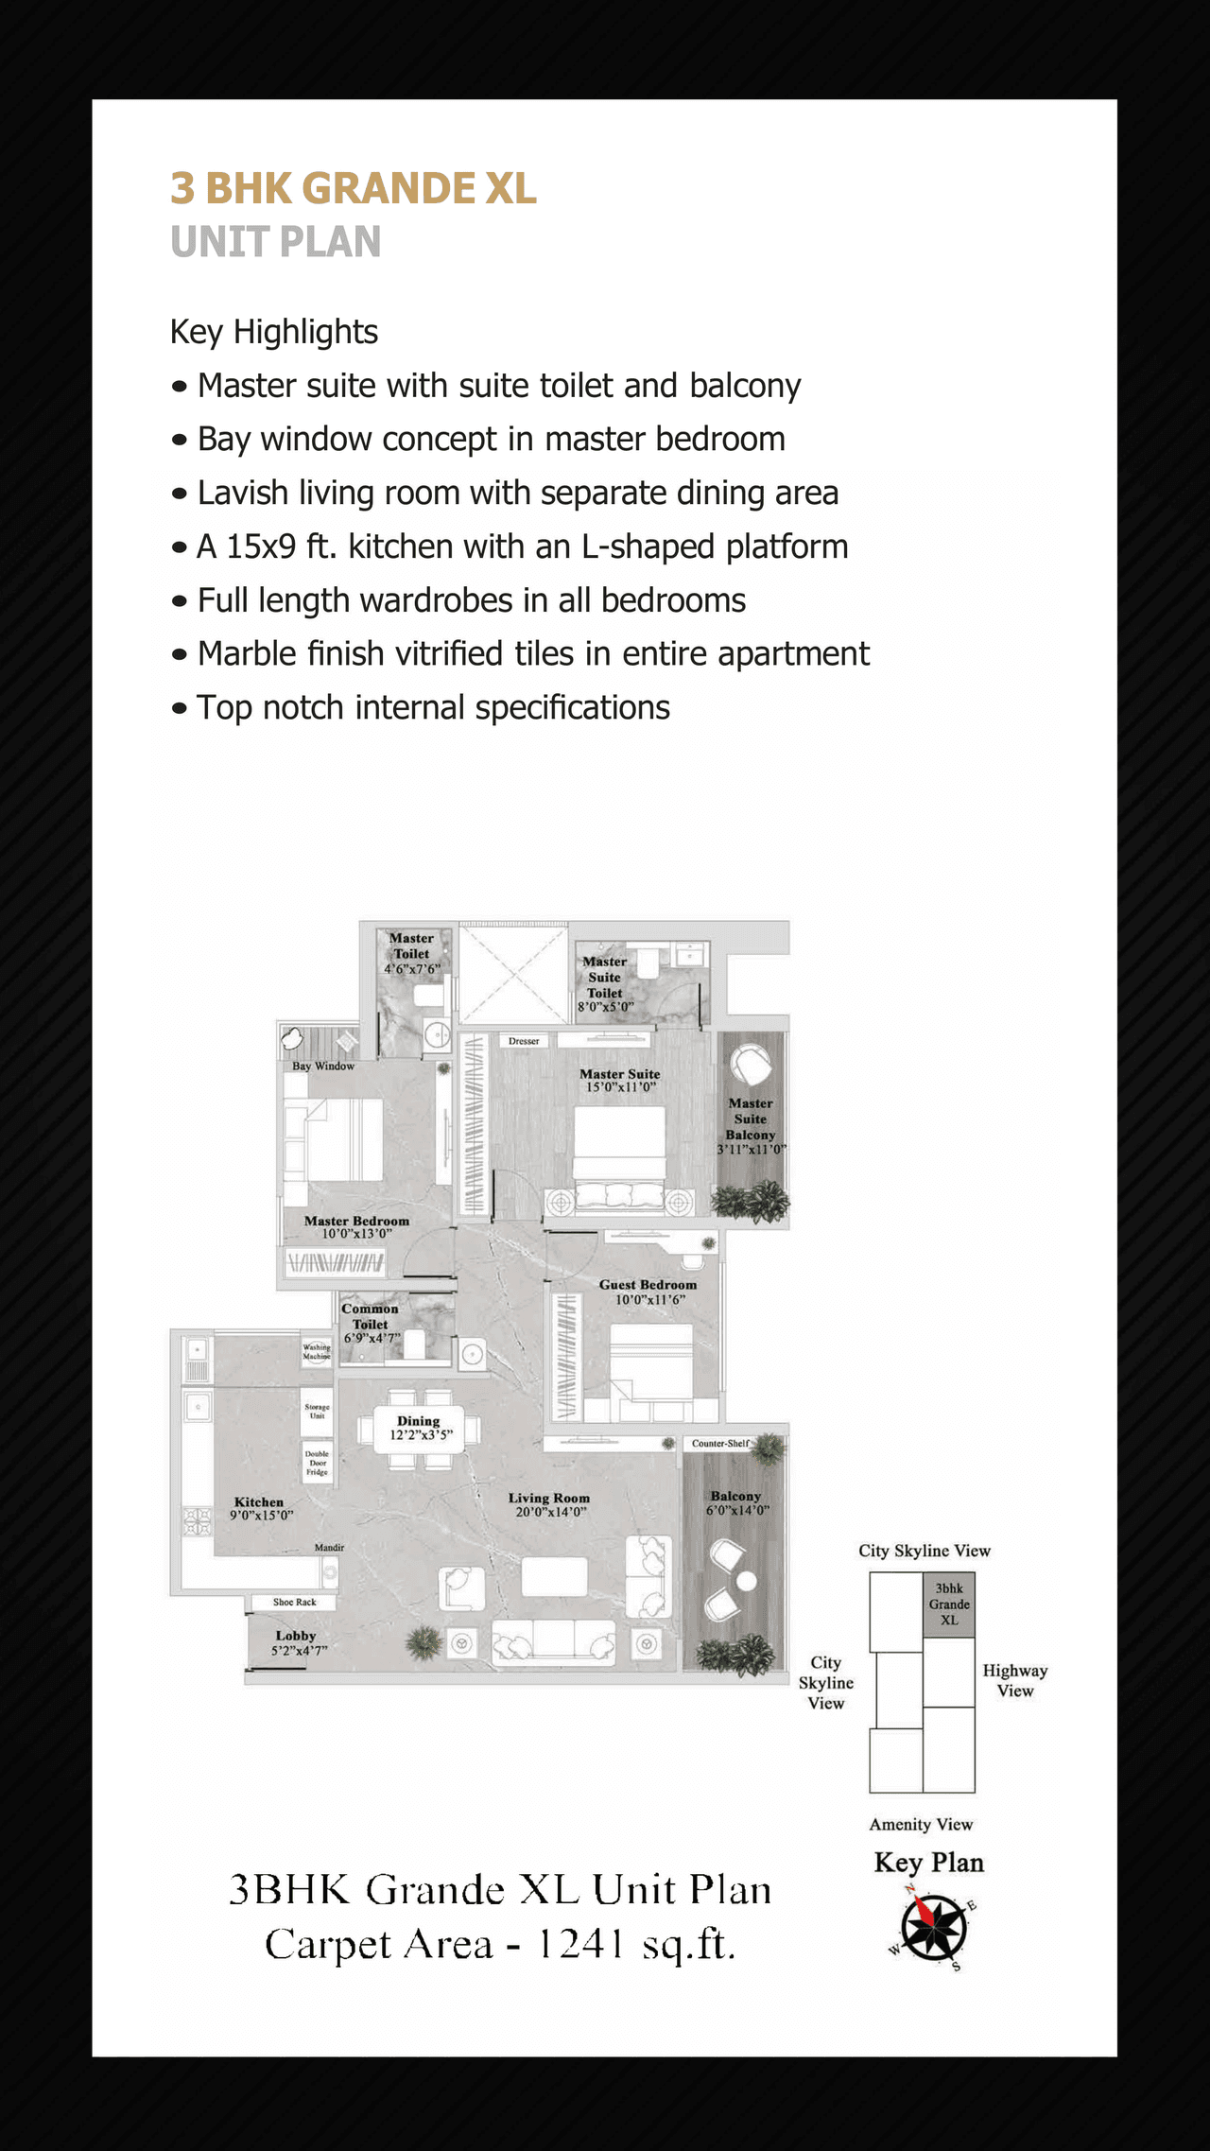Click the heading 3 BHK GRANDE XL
tap(353, 189)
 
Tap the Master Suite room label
tap(619, 1074)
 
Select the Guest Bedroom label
tap(648, 1285)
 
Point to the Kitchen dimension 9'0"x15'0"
tap(262, 1516)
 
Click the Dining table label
tap(419, 1421)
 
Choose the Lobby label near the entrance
tap(296, 1636)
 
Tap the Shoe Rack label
tap(294, 1603)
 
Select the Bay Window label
tap(323, 1066)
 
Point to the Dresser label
tap(524, 1041)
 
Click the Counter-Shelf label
tap(720, 1444)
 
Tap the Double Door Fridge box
tap(317, 1464)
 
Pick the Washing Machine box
tap(317, 1352)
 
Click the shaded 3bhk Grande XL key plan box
tap(949, 1605)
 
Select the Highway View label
tap(1015, 1680)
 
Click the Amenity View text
tap(921, 1825)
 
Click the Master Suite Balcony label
tap(751, 1119)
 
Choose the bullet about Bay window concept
tap(491, 440)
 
